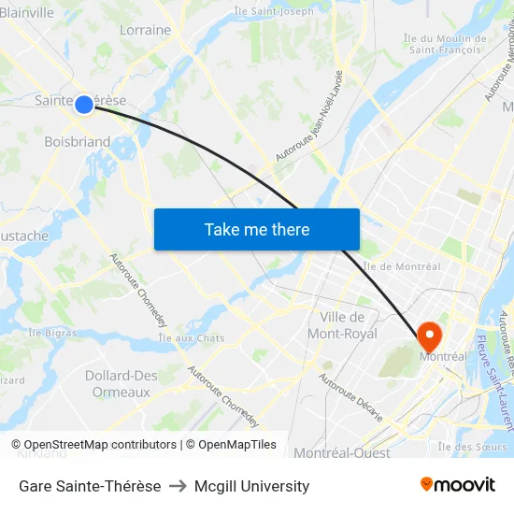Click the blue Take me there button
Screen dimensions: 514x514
coord(257,229)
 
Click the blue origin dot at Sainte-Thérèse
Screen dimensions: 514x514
coord(84,105)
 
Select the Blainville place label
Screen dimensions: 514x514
coord(26,12)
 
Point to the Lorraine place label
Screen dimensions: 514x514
coord(145,30)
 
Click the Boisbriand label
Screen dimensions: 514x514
coord(78,142)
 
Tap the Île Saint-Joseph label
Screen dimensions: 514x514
coord(274,11)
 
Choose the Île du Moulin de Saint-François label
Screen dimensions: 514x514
coord(445,44)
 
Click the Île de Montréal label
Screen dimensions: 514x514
coord(401,266)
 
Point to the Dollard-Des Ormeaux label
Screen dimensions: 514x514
coord(121,383)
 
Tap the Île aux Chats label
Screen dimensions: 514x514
coord(192,337)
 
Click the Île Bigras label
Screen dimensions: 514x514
coord(51,332)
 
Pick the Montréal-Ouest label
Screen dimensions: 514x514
coord(342,453)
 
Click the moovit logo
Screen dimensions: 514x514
coord(458,485)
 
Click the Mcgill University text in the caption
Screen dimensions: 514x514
coord(252,486)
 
